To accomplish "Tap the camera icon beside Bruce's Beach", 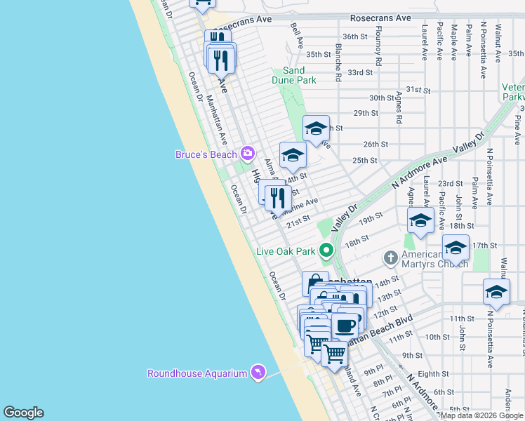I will tap(247, 153).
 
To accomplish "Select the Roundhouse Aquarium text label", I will tap(197, 373).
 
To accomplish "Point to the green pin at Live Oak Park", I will tap(326, 250).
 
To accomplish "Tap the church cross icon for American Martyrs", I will tap(392, 258).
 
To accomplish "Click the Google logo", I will tap(23, 413).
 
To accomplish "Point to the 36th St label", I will tap(355, 36).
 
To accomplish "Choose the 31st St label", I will tap(417, 90).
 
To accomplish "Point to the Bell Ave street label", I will tap(297, 35).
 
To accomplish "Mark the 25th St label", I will tap(365, 160).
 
